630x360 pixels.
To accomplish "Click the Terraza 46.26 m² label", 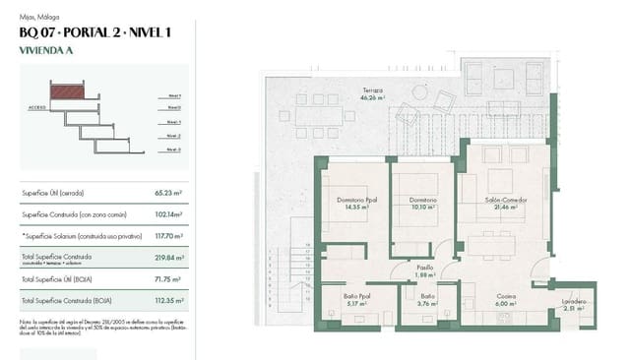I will click(371, 93).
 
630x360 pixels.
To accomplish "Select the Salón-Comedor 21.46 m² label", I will click(505, 203).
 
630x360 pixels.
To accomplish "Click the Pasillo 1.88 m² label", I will click(424, 270).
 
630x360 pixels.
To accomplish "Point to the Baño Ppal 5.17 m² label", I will click(357, 300).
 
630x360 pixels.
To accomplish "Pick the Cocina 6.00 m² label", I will click(506, 300).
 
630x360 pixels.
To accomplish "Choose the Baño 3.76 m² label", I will click(427, 300).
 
